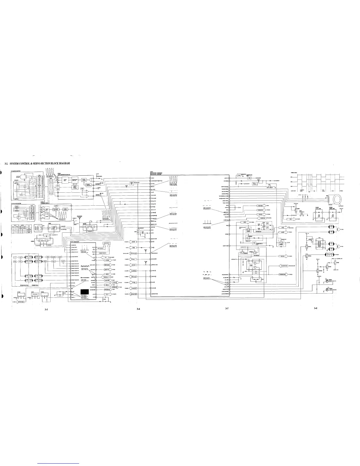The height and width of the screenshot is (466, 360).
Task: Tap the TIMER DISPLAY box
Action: (x=106, y=243)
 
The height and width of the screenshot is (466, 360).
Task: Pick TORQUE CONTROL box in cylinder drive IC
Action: (x=65, y=209)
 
